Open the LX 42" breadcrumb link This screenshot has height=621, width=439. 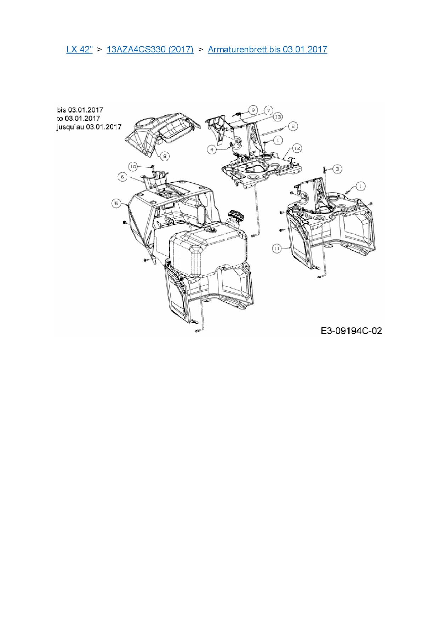point(79,50)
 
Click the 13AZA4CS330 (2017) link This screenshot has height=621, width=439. point(150,50)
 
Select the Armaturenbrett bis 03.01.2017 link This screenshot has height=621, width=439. point(267,50)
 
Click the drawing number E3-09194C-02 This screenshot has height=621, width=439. point(351,331)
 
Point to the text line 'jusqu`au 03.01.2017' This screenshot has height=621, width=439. point(89,127)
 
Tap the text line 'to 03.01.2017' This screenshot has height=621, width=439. point(78,118)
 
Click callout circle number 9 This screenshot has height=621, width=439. point(253,110)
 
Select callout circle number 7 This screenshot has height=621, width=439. point(268,110)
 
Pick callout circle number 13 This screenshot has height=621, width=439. point(278,116)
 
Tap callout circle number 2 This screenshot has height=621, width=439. point(293,126)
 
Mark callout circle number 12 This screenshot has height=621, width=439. point(297,148)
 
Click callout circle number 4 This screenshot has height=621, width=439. point(212,150)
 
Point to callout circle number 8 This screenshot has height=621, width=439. point(165,156)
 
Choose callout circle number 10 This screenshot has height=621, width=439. point(133,166)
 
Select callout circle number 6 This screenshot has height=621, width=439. point(122,177)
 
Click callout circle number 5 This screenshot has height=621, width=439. point(116,204)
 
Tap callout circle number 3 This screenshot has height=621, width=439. point(337,169)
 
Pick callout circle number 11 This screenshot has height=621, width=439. point(277,249)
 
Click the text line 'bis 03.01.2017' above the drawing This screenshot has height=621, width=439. point(80,110)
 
